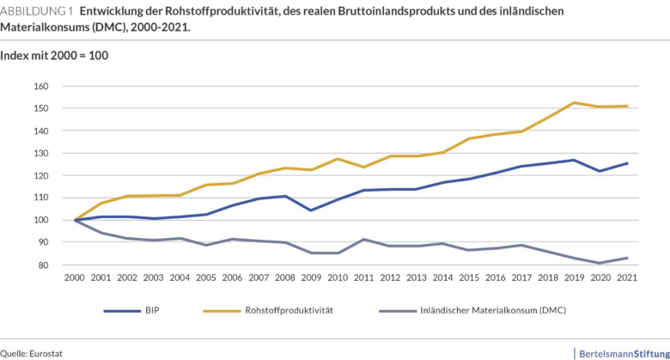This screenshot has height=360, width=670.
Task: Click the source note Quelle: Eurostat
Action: coord(32,353)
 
